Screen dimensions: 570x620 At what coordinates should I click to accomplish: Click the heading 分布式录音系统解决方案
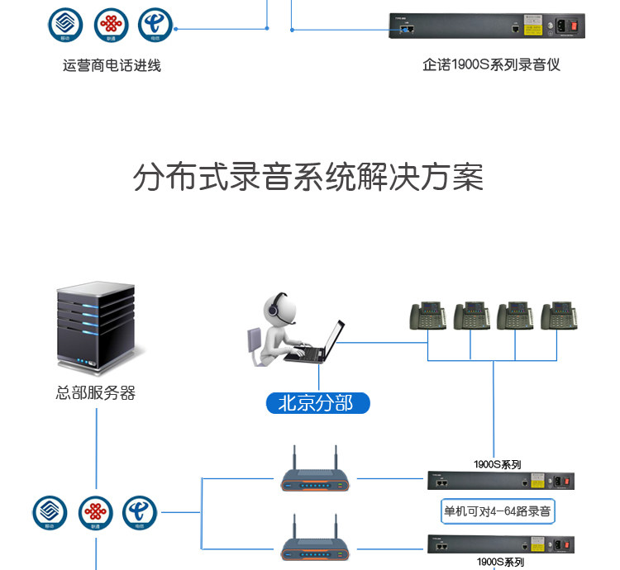click(308, 178)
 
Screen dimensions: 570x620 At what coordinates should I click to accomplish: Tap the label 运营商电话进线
click(112, 65)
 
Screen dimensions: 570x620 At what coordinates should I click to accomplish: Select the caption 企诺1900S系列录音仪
click(491, 64)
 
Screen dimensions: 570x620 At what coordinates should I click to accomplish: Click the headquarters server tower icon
click(94, 326)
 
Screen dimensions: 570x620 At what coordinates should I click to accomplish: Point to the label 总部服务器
click(95, 393)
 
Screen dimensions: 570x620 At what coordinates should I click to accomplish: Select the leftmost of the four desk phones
click(428, 316)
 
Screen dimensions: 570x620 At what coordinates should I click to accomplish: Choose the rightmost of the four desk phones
click(558, 316)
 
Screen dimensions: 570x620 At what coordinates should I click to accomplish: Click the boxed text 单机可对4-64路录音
click(498, 511)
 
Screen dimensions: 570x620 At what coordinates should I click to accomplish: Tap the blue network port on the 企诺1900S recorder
click(406, 29)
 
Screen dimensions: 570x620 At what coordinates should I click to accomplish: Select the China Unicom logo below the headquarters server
click(96, 513)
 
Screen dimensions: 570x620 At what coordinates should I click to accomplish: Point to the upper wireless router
click(313, 478)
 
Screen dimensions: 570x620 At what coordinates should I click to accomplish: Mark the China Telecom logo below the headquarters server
click(140, 513)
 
